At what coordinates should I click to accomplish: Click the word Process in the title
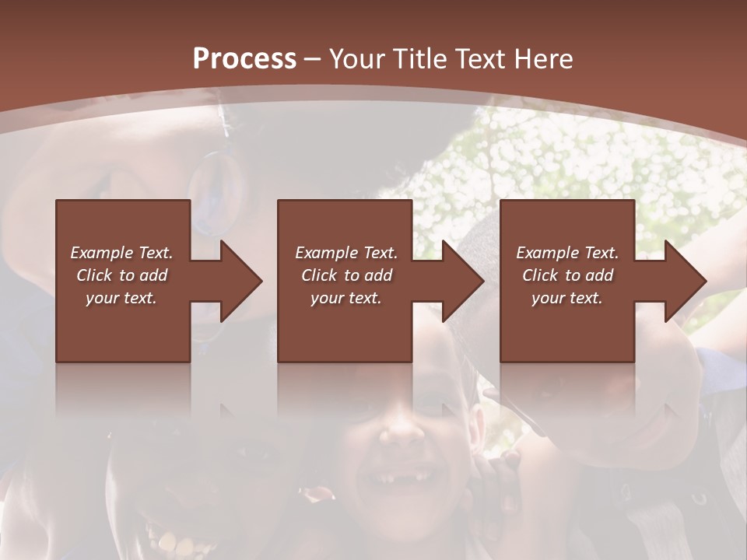(244, 59)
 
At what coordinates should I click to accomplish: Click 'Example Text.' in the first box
(121, 253)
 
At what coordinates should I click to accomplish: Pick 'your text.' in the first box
(121, 298)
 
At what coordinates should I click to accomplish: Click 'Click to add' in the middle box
(346, 275)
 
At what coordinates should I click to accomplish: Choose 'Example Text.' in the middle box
(346, 253)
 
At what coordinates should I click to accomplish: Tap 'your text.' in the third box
(567, 298)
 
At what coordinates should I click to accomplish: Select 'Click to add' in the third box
(567, 275)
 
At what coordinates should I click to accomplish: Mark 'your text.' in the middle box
(346, 298)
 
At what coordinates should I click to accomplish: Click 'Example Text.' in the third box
(567, 253)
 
